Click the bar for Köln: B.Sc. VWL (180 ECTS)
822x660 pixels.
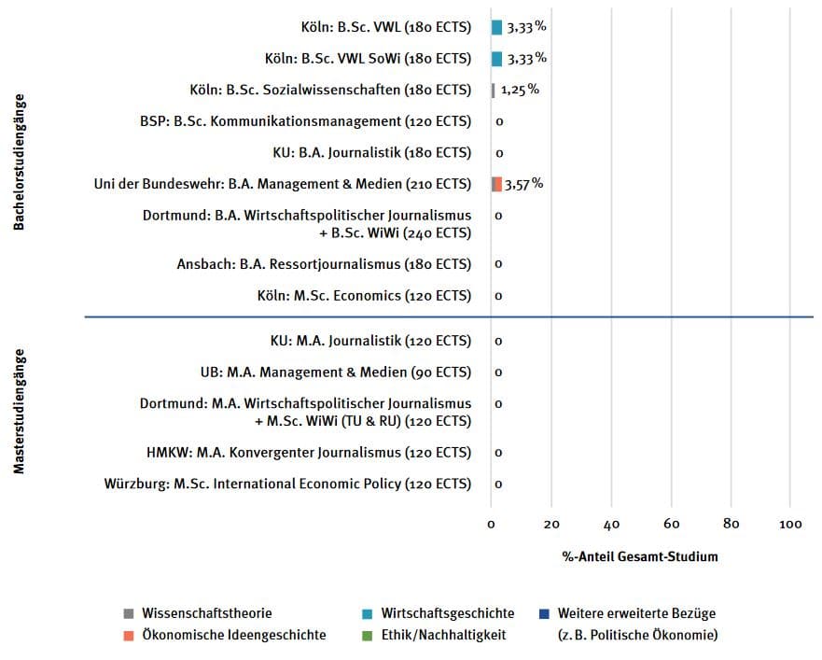click(x=496, y=27)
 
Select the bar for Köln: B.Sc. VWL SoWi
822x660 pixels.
click(x=496, y=59)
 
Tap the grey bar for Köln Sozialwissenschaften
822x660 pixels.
click(x=493, y=91)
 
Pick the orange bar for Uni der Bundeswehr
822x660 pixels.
click(x=496, y=184)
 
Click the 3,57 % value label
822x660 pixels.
click(x=523, y=184)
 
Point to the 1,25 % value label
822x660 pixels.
click(x=520, y=91)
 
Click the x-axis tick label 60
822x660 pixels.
click(x=671, y=524)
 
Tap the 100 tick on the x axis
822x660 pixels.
click(x=790, y=524)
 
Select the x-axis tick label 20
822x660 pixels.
click(x=551, y=524)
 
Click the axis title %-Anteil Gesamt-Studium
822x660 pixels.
click(x=640, y=557)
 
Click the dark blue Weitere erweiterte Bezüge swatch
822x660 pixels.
click(x=544, y=614)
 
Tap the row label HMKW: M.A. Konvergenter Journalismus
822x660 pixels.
click(x=309, y=453)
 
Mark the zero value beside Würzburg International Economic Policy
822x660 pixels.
click(x=499, y=484)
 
